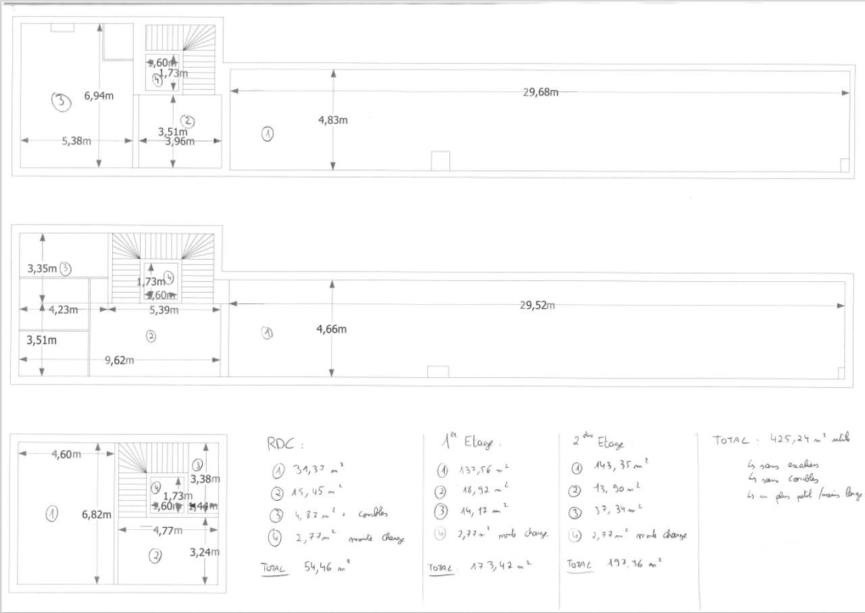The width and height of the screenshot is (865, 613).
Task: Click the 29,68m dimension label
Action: (541, 92)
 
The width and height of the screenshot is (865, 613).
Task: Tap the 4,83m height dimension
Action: (333, 120)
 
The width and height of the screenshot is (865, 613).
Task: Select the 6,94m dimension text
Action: (99, 96)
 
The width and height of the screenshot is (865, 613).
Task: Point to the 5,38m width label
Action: (76, 141)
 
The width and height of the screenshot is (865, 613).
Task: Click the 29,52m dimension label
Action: (537, 305)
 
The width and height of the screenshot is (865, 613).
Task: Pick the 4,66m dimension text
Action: (331, 329)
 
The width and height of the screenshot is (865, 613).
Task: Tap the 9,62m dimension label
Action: (119, 360)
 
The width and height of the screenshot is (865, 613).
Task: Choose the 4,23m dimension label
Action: (64, 310)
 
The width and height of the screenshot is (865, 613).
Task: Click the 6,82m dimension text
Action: (97, 514)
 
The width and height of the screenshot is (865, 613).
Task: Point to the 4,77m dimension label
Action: (167, 531)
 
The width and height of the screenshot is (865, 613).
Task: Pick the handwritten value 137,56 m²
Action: (484, 470)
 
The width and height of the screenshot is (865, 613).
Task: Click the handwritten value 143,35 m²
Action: (621, 464)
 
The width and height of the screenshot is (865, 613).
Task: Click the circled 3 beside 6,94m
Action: (61, 102)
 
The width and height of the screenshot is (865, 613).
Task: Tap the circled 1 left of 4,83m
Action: (268, 134)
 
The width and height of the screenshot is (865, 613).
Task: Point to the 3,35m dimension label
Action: (42, 268)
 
